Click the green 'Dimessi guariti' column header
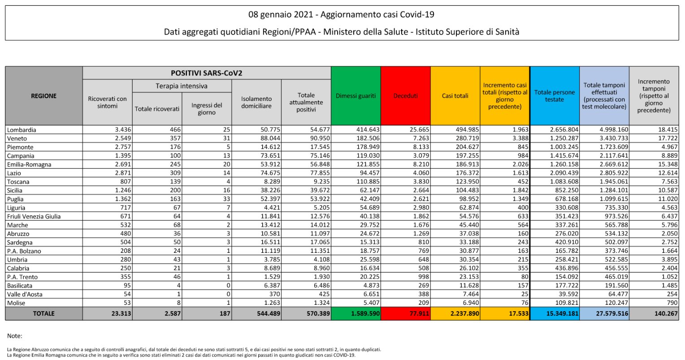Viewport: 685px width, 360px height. (356, 96)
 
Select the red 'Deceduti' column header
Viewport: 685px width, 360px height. (405, 96)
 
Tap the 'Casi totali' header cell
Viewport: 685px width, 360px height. (455, 96)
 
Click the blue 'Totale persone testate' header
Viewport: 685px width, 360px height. (554, 96)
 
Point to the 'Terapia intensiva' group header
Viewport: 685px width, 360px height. (182, 86)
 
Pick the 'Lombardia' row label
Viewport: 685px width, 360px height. (22, 130)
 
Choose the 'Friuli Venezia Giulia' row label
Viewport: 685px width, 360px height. (34, 217)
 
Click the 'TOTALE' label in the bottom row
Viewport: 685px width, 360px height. (43, 314)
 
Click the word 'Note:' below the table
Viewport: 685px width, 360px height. (14, 336)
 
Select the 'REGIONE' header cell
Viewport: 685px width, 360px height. (43, 96)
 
